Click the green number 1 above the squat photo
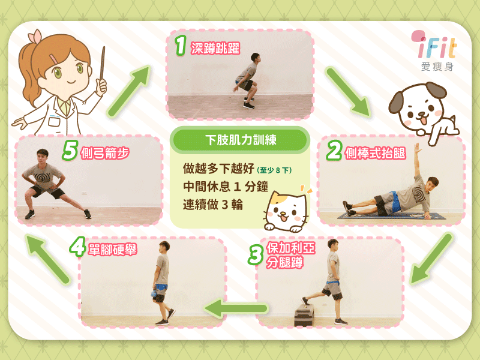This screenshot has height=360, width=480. coord(181,46)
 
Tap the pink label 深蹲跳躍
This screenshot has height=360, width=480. coord(215,49)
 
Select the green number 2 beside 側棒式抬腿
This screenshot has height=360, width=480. coord(334,151)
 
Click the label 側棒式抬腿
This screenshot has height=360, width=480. coord(376,153)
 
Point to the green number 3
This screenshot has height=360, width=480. coord(256,255)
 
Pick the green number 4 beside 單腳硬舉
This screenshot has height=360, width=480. coord(77,247)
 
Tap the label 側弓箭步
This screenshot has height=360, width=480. coord(104,153)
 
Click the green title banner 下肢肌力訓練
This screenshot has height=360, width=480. coord(240,140)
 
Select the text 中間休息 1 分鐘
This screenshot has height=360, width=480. coord(226,187)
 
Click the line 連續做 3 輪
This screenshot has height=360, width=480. coord(213,205)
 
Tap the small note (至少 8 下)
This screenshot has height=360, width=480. coord(274,170)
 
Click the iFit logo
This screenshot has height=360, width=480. coord(434,50)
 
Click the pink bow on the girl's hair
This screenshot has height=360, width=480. coord(35,37)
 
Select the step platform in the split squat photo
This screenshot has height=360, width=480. coord(304,316)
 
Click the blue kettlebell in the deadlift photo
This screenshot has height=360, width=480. coord(154,294)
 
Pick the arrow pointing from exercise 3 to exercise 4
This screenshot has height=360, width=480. coord(236,308)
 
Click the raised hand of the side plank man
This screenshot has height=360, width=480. coord(416,148)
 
